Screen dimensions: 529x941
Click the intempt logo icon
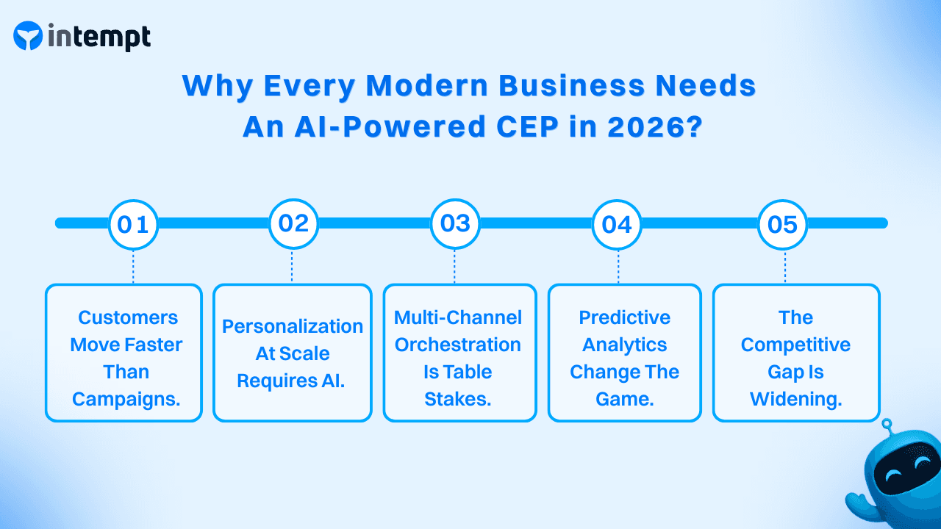(x=28, y=36)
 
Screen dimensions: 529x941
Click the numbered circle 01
(x=133, y=223)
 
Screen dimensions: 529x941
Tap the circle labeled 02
(x=293, y=223)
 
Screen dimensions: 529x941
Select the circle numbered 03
(x=455, y=223)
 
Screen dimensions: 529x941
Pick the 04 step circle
(x=617, y=223)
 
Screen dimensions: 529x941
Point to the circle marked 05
(x=782, y=223)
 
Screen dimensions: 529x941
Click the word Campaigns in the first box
(x=126, y=399)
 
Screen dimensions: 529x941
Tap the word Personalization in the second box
(x=293, y=326)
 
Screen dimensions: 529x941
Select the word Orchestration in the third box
(x=458, y=345)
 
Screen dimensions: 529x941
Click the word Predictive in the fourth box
(x=624, y=317)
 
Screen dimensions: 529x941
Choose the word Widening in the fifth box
(x=795, y=399)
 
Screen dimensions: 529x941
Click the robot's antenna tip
(x=887, y=423)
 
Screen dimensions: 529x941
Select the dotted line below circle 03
(x=455, y=266)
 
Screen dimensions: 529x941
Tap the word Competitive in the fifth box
(x=795, y=345)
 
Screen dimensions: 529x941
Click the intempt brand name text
(x=99, y=36)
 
